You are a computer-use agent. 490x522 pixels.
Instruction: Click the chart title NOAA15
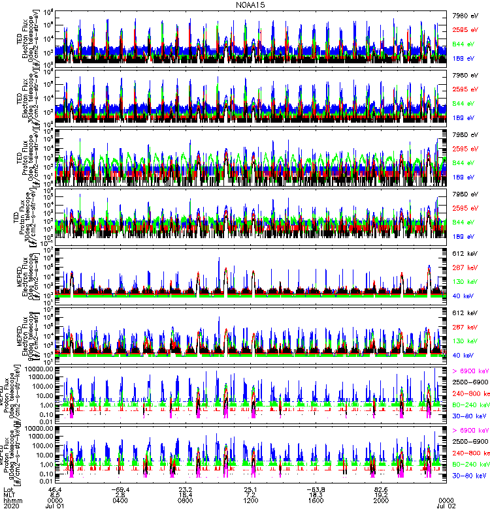click(246, 5)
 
